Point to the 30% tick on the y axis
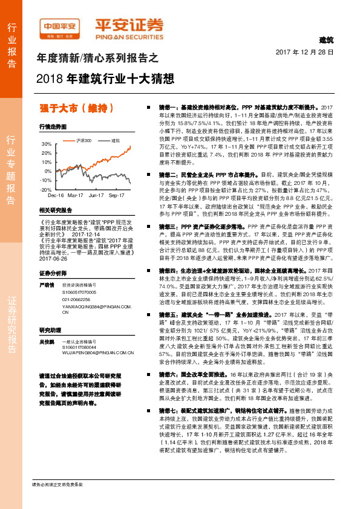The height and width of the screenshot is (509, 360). [46, 144]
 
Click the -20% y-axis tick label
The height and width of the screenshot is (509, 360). [45, 189]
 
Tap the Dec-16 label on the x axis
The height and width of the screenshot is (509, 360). [56, 196]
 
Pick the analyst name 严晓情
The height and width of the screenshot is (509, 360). [47, 267]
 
